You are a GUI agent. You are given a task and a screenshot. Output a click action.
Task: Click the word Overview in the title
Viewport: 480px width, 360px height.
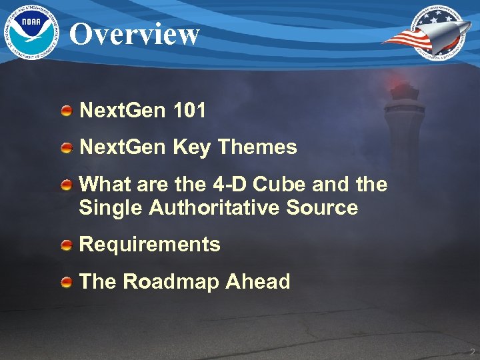tap(135, 33)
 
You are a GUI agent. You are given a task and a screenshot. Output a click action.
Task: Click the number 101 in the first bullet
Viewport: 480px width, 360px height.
tap(188, 111)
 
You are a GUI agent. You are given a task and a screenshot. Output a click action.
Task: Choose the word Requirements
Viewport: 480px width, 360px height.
tap(149, 245)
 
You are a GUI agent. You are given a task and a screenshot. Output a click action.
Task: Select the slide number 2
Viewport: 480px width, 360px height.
tap(471, 352)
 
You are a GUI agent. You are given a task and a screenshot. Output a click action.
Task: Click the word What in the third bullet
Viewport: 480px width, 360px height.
tap(101, 184)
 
